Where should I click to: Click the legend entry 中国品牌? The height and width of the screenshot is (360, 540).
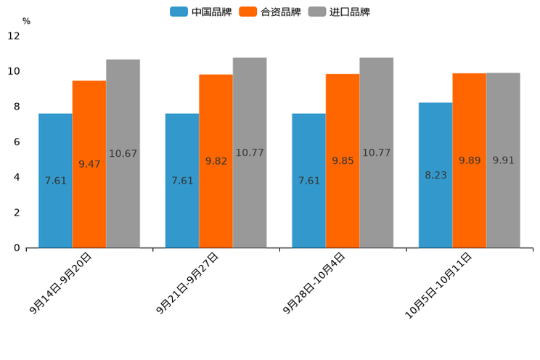click(x=201, y=12)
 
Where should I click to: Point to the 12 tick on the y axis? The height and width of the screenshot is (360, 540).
click(x=15, y=36)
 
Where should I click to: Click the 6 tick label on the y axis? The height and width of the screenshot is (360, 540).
click(x=17, y=142)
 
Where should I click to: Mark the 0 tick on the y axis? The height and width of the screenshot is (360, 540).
click(x=17, y=248)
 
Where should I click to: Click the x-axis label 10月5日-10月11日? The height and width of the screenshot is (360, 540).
click(x=438, y=285)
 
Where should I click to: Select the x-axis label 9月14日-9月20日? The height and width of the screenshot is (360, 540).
click(x=61, y=283)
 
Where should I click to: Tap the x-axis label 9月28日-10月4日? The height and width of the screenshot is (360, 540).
click(x=314, y=283)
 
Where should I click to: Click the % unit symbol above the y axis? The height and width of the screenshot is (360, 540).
click(x=26, y=21)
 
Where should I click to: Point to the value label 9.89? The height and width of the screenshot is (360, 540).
click(x=470, y=160)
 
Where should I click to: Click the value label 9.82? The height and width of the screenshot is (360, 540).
click(x=216, y=161)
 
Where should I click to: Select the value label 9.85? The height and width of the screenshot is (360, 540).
click(x=343, y=161)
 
